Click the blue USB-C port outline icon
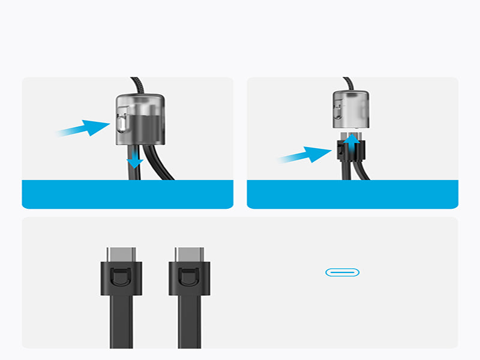[x=342, y=272]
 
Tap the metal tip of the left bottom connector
[x=121, y=254]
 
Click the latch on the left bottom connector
[x=121, y=278]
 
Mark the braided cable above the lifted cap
[x=349, y=84]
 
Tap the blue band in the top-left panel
[x=127, y=194]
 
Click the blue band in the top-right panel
[x=352, y=194]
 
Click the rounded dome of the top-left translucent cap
[x=138, y=101]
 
